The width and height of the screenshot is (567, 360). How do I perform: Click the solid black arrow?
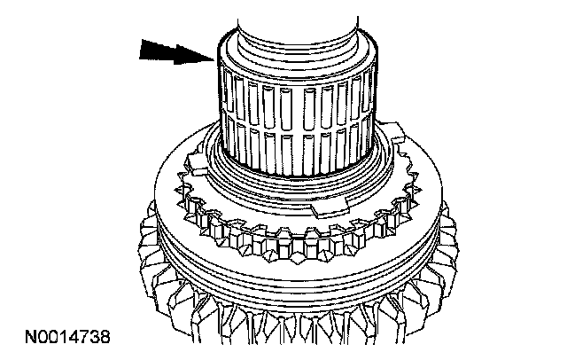tap(173, 53)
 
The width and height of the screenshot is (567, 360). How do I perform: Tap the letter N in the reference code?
tap(30, 337)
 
